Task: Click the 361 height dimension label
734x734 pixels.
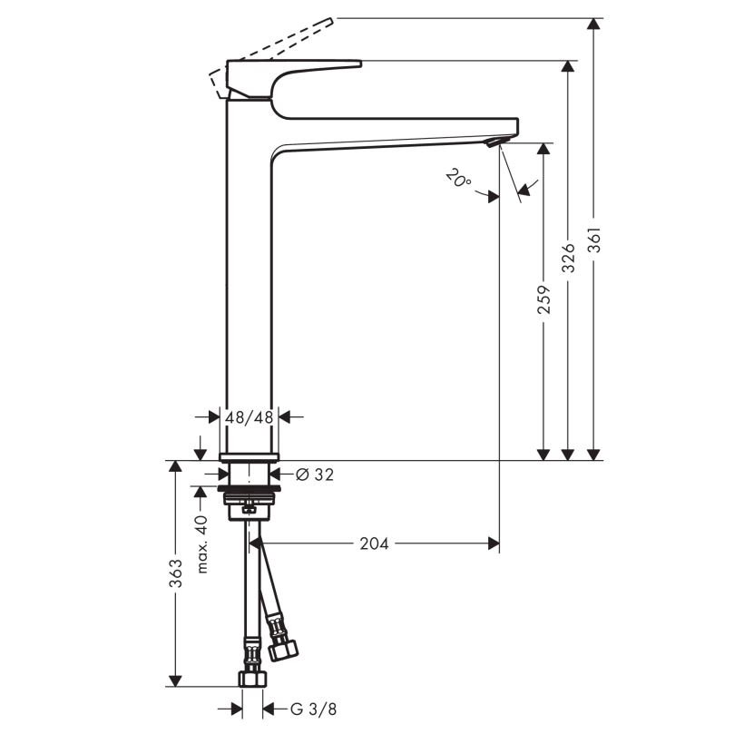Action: tap(594, 240)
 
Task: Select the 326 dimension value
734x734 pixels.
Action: tap(568, 258)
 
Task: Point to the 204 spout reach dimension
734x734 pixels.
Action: tap(374, 543)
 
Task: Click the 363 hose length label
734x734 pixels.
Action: tap(175, 573)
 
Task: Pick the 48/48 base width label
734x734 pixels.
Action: tap(249, 417)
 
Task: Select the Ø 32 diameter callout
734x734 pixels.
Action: tap(315, 475)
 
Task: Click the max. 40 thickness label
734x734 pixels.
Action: tap(201, 544)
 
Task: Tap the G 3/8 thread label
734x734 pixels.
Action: tap(313, 710)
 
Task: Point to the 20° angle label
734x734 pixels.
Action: tap(458, 179)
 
